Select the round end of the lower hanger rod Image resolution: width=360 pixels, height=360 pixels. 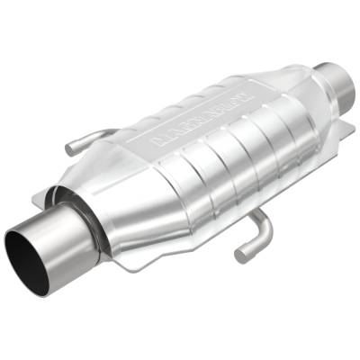pyautogui.click(x=242, y=256)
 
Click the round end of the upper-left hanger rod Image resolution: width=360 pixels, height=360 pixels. pyautogui.click(x=70, y=148)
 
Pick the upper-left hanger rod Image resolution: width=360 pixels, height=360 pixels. pyautogui.click(x=90, y=139)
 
